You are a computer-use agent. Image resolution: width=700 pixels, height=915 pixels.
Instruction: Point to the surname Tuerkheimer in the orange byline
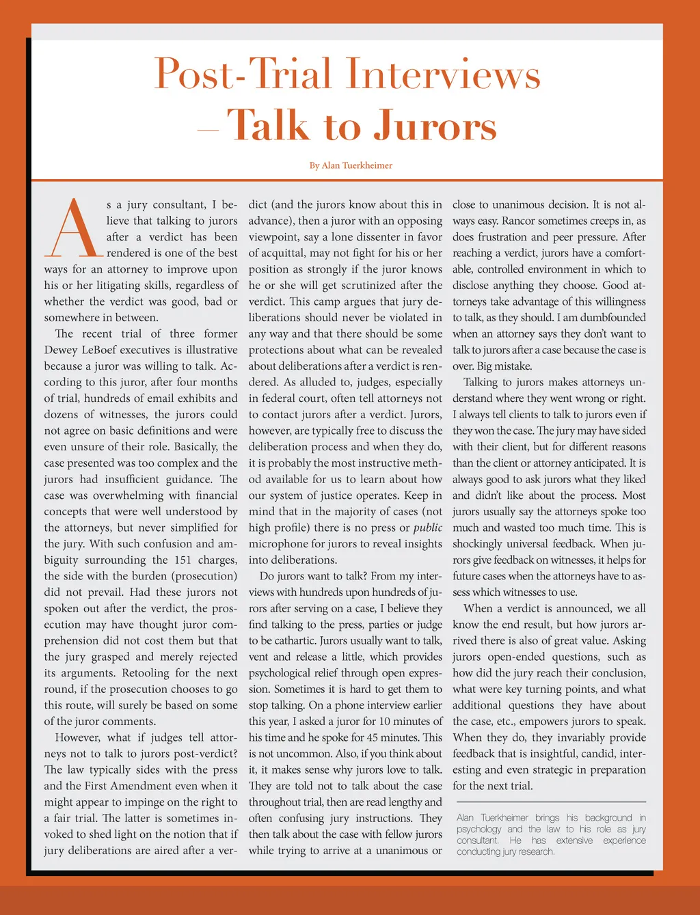(357, 165)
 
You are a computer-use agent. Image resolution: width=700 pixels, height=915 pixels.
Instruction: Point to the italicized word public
(427, 528)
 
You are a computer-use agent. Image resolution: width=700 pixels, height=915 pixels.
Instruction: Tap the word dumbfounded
(610, 318)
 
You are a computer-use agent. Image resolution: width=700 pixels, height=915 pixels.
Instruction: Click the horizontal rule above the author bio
(551, 802)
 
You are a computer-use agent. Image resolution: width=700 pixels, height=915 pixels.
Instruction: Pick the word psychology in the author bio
(479, 829)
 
